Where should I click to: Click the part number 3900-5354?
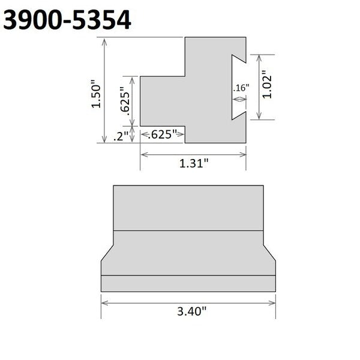67,20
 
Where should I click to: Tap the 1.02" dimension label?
268,86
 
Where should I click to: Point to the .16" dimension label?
240,88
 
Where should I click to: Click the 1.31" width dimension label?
194,163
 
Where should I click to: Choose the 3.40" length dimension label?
188,311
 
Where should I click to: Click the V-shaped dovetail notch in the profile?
238,84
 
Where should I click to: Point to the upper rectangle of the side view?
188,208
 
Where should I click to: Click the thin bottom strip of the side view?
188,283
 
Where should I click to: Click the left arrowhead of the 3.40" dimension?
104,302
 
